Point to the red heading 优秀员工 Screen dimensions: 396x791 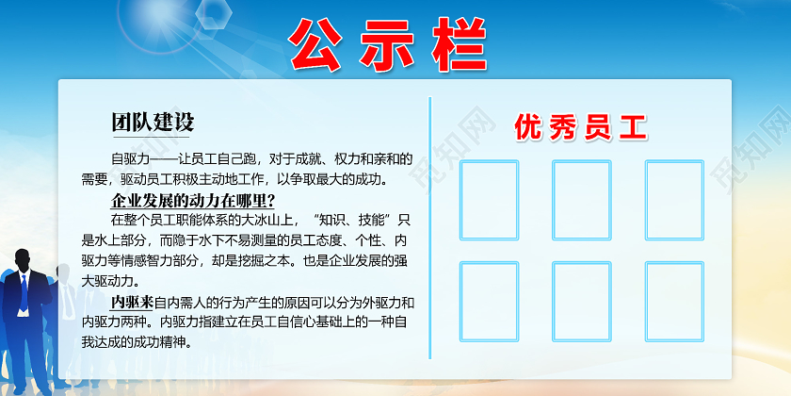(581, 128)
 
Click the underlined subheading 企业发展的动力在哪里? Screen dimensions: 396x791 (193, 200)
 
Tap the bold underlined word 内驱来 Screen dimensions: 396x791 (131, 303)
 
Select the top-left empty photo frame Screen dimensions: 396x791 (489, 199)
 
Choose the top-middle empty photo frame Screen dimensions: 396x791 (581, 199)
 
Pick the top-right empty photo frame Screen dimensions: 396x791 (673, 199)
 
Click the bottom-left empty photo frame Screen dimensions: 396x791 (489, 301)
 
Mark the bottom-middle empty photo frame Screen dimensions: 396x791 (581, 301)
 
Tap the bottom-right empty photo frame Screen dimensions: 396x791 (673, 301)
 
